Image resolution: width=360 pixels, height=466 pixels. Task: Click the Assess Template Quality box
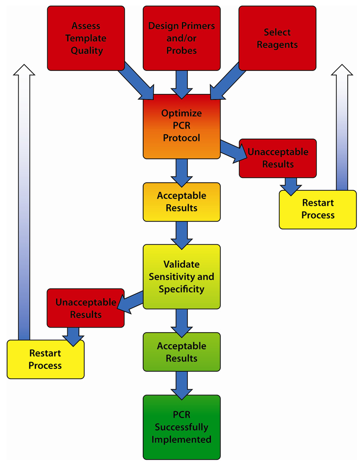86,38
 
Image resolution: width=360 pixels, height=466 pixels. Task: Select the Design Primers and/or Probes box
182,38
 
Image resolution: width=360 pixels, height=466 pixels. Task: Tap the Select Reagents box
277,38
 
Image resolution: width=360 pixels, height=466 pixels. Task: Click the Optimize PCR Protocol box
182,126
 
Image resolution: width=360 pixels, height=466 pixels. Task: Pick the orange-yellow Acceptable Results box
182,202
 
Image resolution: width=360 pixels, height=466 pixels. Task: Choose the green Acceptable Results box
182,352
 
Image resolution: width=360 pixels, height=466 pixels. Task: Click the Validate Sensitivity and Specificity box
182,277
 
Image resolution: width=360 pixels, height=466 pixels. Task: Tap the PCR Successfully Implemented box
182,427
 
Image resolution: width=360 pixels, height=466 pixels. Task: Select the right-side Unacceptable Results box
278,158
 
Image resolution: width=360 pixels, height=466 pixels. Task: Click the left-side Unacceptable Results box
85,308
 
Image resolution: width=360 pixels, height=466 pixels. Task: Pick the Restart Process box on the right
318,209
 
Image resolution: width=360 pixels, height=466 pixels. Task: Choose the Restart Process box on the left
45,359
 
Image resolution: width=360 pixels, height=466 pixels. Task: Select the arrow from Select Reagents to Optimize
227,81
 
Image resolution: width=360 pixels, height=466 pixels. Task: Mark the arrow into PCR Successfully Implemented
182,383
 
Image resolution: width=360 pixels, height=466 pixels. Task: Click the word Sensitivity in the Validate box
182,277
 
